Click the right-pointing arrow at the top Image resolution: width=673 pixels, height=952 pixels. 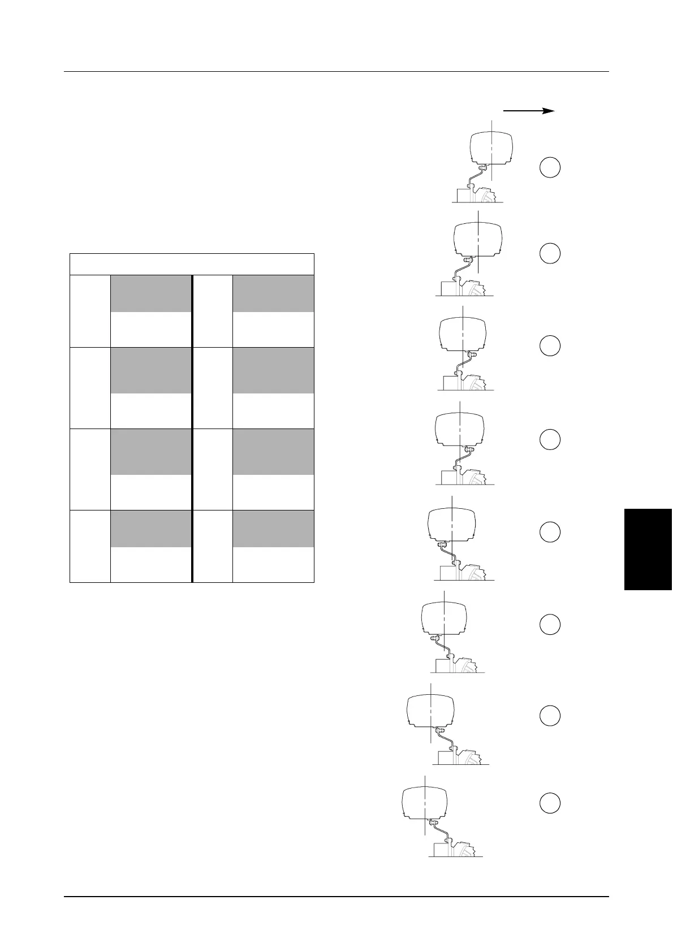[528, 111]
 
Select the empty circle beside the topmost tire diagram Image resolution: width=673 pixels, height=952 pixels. [550, 167]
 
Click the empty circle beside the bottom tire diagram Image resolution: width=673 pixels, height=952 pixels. [550, 803]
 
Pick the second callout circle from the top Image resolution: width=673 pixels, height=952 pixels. [550, 253]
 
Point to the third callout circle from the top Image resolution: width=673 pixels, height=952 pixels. [550, 345]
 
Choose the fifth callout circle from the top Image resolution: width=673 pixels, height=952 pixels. [550, 531]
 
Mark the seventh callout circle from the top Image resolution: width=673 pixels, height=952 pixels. [550, 715]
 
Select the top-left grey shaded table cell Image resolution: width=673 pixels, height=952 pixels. [150, 293]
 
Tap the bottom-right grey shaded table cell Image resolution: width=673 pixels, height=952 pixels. [273, 529]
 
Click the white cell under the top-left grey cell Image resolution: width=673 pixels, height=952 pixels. [150, 329]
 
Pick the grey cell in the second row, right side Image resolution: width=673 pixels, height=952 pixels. [273, 370]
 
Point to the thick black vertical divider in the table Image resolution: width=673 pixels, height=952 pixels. [192, 429]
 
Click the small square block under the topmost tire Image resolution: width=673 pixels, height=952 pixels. [465, 194]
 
